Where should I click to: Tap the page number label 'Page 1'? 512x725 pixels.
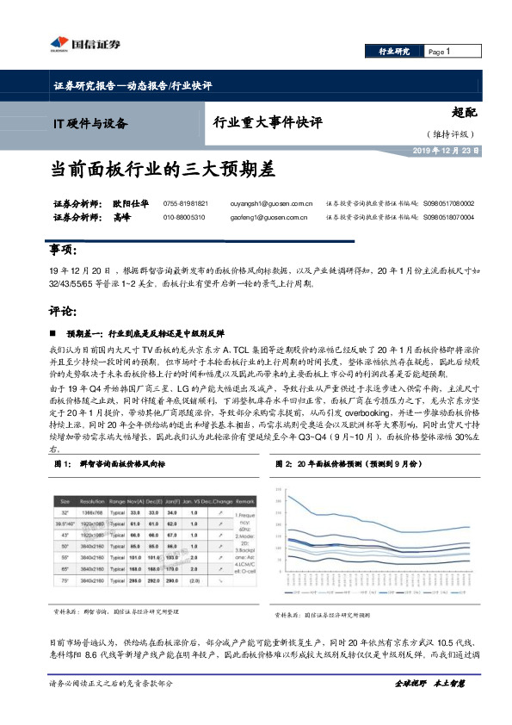(x=439, y=53)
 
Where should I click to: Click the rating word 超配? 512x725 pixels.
(x=464, y=112)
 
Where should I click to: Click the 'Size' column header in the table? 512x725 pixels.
(x=65, y=501)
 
